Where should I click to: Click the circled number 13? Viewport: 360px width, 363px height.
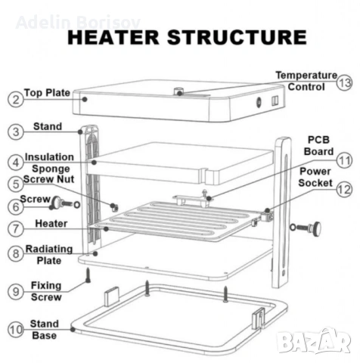(x=344, y=82)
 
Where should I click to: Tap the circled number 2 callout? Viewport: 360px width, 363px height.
(x=16, y=99)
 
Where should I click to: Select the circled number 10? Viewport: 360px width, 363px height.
(x=16, y=330)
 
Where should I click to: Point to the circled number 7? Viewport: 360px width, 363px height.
(x=16, y=228)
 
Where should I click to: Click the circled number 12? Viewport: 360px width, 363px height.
(x=344, y=189)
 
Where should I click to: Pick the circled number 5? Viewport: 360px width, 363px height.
(x=16, y=184)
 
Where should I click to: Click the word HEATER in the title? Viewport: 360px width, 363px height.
(x=113, y=37)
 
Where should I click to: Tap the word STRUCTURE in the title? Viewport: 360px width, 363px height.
(x=237, y=37)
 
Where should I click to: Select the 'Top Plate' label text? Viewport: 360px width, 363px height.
(x=47, y=93)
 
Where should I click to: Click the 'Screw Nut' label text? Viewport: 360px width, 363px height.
(x=48, y=179)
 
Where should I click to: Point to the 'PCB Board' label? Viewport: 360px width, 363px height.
(x=318, y=146)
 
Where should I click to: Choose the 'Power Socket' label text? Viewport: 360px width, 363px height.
(x=315, y=177)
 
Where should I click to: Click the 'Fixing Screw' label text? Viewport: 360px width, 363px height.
(x=46, y=291)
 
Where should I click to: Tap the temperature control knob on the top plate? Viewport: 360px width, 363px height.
(x=178, y=92)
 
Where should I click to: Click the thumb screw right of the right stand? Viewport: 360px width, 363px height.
(x=306, y=228)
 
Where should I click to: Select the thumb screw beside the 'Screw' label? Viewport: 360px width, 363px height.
(x=64, y=203)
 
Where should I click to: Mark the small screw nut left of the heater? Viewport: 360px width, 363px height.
(x=114, y=207)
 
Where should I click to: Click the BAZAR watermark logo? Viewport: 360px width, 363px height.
(x=313, y=341)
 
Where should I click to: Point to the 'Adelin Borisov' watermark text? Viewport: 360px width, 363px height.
(x=78, y=22)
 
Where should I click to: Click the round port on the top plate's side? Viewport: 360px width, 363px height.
(x=259, y=102)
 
